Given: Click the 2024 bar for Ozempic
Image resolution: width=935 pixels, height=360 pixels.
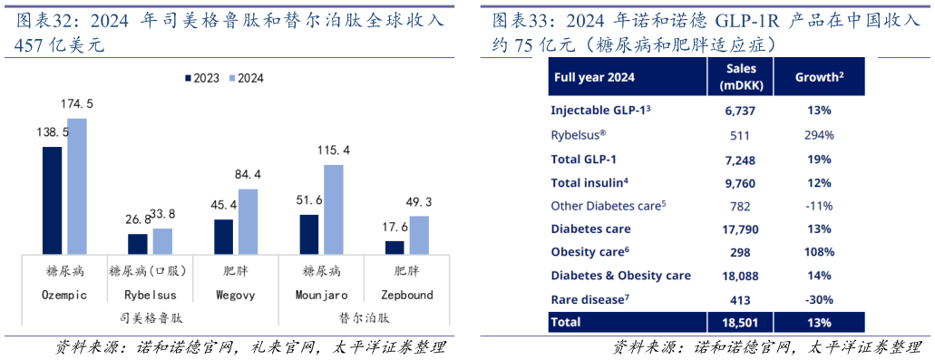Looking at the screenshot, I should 77,186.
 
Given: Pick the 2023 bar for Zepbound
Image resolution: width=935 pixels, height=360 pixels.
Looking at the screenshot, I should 395,247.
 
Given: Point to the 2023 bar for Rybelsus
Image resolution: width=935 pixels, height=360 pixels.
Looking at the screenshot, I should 138,244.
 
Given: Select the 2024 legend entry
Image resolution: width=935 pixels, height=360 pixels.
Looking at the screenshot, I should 245,79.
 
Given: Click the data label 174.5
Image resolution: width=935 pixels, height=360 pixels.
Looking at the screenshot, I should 77,104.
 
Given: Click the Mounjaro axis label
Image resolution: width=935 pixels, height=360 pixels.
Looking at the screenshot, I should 321,295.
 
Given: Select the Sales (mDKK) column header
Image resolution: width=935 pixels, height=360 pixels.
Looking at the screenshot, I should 741,77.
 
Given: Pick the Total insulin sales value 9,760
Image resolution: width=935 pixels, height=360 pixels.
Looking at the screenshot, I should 741,182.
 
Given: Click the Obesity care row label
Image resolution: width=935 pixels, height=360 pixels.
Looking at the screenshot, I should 589,252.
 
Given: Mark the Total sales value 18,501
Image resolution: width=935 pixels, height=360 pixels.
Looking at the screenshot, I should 741,322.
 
